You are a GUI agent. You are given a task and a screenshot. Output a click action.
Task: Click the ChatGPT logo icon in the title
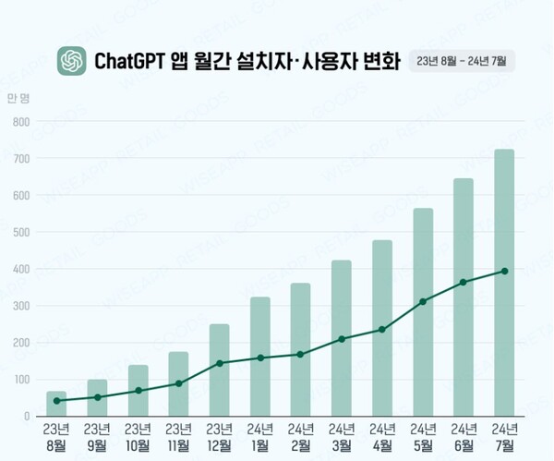pos(71,61)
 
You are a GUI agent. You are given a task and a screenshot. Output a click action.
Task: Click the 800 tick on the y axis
pos(21,122)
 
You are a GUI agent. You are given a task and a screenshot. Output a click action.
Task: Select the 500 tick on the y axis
pos(21,232)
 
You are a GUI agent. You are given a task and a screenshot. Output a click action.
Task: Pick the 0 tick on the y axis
pos(27,416)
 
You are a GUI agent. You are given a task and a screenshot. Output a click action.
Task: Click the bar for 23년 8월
pos(56,405)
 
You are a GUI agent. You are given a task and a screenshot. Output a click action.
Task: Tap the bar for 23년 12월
pos(219,370)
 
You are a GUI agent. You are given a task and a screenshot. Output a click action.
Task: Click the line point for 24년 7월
pos(504,271)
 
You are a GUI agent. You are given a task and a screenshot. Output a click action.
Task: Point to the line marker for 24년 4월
pos(382,330)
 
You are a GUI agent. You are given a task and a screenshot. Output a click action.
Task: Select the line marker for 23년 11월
pos(178,383)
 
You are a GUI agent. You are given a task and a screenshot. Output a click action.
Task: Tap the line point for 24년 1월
pos(259,358)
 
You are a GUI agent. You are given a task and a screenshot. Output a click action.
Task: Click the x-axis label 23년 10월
pos(138,436)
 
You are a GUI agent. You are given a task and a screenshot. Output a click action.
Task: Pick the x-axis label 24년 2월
pos(300,436)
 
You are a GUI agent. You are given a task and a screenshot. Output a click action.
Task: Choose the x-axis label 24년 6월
pos(464,436)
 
